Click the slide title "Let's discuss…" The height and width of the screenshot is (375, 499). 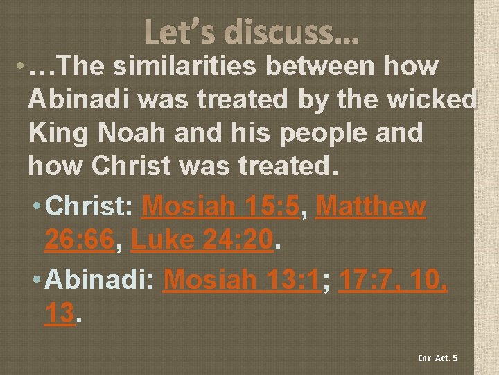(252, 32)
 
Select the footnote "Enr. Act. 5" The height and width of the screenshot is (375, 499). (437, 358)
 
